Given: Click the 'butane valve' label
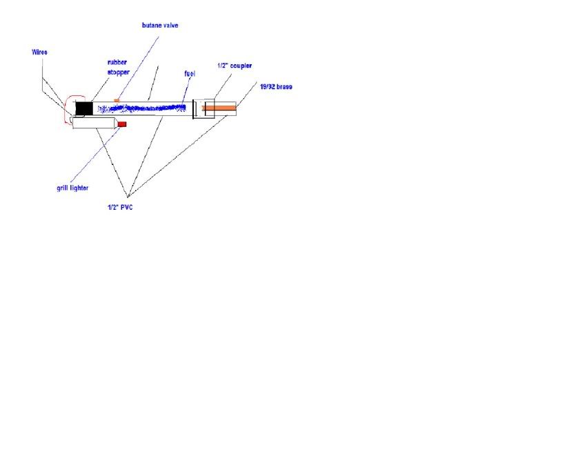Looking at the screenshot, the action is [x=160, y=26].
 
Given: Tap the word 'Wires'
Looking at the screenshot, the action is [x=39, y=52].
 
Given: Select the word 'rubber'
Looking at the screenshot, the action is [x=117, y=62].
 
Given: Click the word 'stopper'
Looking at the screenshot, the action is [x=119, y=72].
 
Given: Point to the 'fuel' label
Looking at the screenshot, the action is [x=190, y=74].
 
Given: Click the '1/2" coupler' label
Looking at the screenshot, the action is [x=234, y=66].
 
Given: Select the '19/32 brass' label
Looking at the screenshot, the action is [x=276, y=87].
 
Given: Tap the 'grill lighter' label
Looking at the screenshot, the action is [x=72, y=188].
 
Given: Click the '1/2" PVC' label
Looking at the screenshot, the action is [x=120, y=207].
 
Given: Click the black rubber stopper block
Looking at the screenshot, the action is [x=84, y=108].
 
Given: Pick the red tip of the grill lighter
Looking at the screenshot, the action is [x=122, y=124].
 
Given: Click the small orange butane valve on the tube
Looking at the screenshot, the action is [x=117, y=100].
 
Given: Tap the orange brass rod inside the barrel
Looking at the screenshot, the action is [x=219, y=108].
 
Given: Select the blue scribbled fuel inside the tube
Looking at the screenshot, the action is [x=142, y=108].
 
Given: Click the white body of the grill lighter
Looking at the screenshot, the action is [x=94, y=123].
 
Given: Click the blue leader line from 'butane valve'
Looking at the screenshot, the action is [x=138, y=67].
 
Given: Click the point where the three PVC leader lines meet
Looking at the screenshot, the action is [x=128, y=197].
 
